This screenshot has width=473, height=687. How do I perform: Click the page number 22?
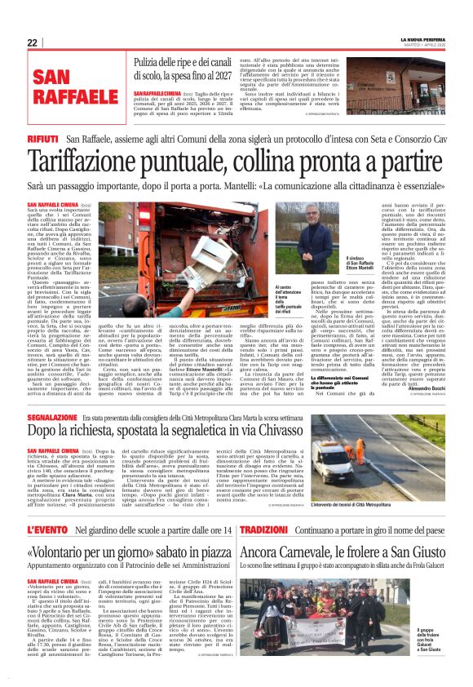tap(32, 42)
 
